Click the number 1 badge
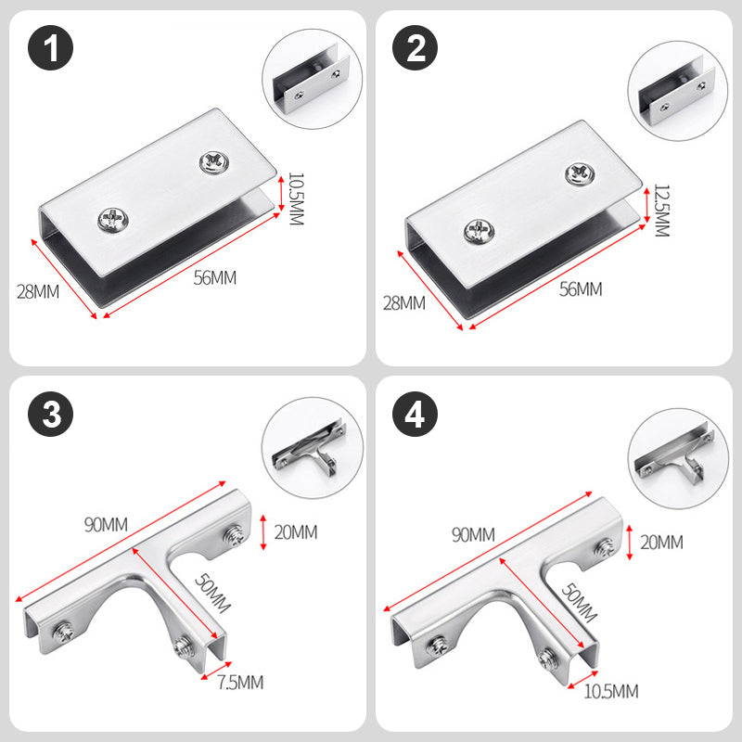50,48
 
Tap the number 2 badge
415,48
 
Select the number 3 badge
50,414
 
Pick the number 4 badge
415,414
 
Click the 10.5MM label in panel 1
296,198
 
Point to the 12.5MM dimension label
661,211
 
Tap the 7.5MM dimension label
240,683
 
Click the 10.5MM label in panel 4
611,691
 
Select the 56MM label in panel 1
215,277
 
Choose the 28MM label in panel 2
404,303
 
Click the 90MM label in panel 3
106,524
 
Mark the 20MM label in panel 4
661,543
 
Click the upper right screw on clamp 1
214,162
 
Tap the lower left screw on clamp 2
479,232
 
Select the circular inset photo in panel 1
313,79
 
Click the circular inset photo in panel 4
678,458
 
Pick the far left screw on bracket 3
62,633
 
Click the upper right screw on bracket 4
606,547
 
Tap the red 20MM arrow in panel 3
263,532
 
